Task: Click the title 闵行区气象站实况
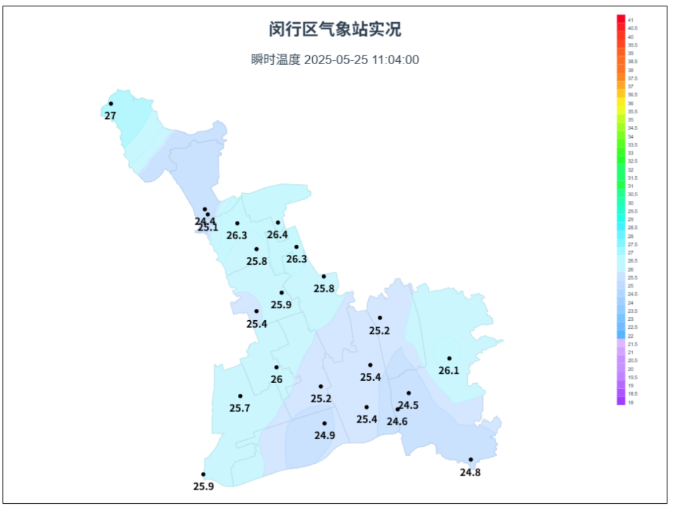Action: (335, 29)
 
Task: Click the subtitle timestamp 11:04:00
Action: (395, 60)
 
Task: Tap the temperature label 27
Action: (110, 116)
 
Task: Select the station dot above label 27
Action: (111, 104)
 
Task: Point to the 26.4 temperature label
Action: (277, 235)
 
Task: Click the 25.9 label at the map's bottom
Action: (203, 486)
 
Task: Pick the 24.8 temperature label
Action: (470, 472)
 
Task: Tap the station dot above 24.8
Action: (470, 460)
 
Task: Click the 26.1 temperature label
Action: (449, 371)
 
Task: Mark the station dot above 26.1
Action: (450, 359)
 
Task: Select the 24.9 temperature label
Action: (324, 435)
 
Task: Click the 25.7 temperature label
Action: (240, 408)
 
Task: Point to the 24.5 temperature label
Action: (409, 405)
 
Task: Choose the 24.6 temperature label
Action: (397, 422)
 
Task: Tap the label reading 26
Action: (276, 379)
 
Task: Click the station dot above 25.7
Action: (240, 396)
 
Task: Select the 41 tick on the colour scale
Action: (630, 20)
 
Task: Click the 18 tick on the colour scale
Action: (630, 402)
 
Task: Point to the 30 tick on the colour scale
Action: (630, 203)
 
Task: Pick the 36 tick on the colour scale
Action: (630, 103)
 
